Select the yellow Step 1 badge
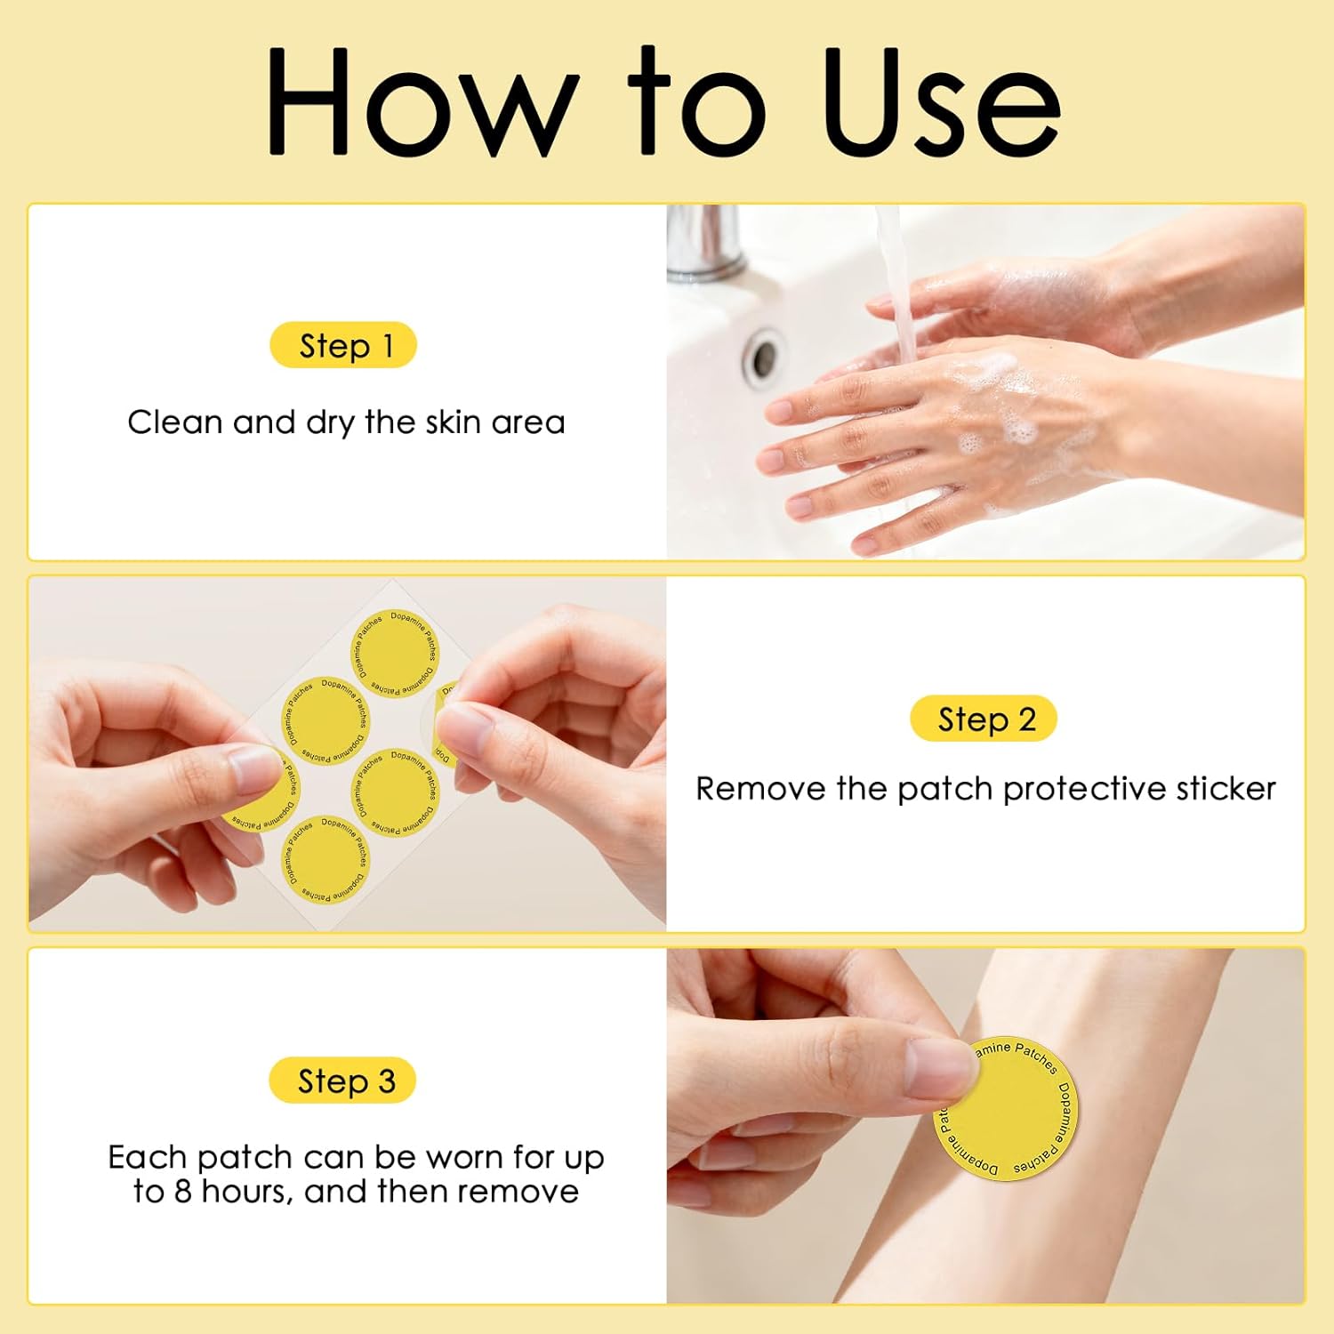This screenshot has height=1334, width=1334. tap(343, 345)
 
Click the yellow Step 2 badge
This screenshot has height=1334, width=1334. tap(984, 719)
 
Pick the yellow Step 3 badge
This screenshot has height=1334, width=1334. tap(342, 1081)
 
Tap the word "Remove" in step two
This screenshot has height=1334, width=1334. tap(760, 789)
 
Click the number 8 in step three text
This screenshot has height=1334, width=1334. tap(182, 1191)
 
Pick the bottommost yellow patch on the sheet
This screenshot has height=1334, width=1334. tap(325, 858)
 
